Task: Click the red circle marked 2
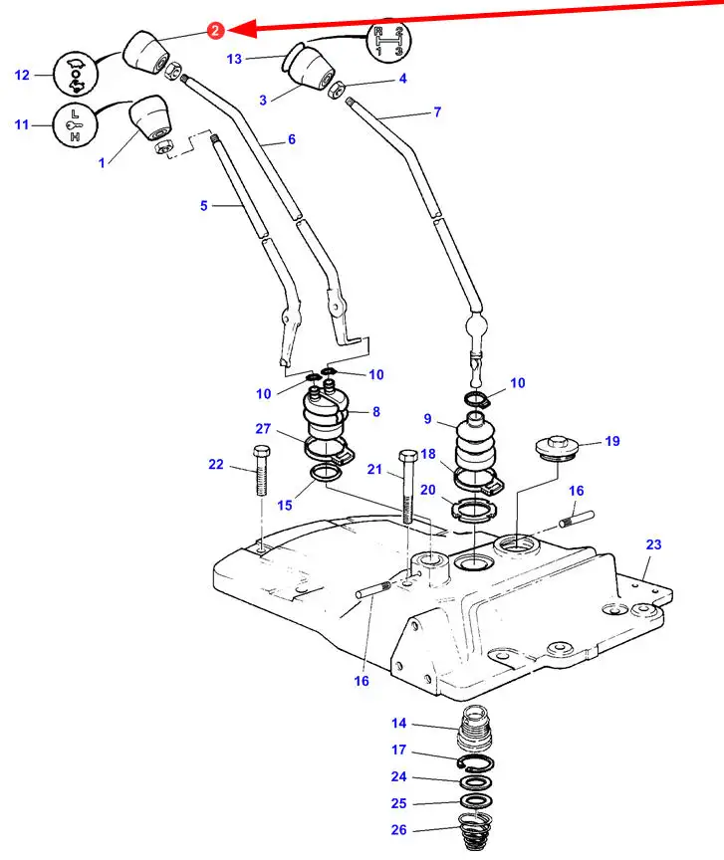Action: pos(216,30)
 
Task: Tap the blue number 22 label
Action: pos(217,464)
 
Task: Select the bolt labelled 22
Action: pos(262,472)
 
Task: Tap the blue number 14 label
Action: pos(398,724)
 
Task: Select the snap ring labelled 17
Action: pos(476,763)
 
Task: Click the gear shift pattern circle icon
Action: pos(388,43)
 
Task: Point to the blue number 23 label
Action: pos(653,544)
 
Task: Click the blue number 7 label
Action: pos(437,112)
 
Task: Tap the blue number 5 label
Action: pos(204,206)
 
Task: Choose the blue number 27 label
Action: pos(263,428)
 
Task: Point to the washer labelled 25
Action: pos(476,801)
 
